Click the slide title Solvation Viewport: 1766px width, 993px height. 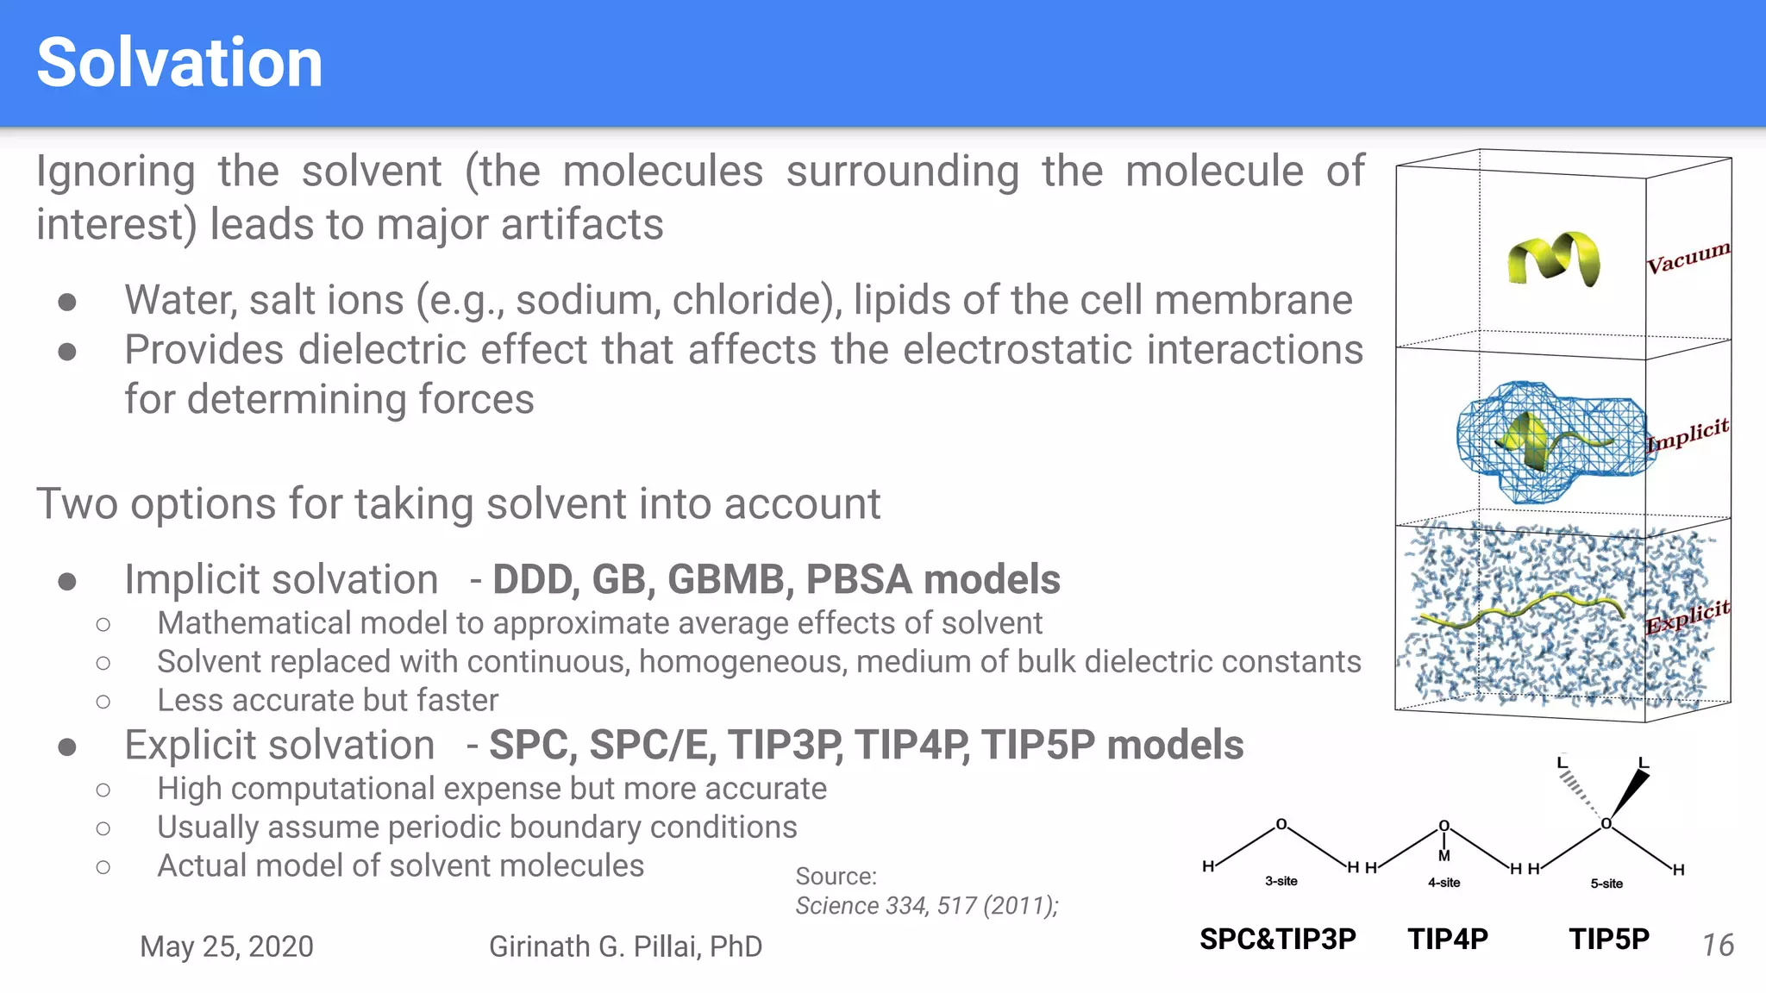[x=179, y=63]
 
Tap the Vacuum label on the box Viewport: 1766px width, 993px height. [x=1688, y=257]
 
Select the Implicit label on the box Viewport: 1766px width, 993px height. [x=1688, y=434]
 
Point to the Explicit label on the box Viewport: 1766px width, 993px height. [x=1688, y=615]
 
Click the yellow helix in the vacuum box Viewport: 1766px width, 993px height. [x=1553, y=258]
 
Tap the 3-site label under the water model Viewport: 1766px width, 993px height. [x=1281, y=881]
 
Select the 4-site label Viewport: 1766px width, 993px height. [x=1443, y=883]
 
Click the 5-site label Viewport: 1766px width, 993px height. [x=1606, y=884]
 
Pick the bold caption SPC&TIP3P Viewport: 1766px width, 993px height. [x=1277, y=939]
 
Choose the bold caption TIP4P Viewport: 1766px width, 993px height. [x=1448, y=939]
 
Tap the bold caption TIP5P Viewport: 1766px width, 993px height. [x=1609, y=939]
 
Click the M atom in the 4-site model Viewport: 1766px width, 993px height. [x=1444, y=856]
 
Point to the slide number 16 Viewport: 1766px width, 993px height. [x=1718, y=946]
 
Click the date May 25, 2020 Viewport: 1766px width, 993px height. [x=227, y=946]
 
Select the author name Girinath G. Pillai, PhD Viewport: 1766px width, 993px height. [x=625, y=946]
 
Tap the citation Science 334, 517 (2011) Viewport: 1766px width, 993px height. [x=926, y=906]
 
